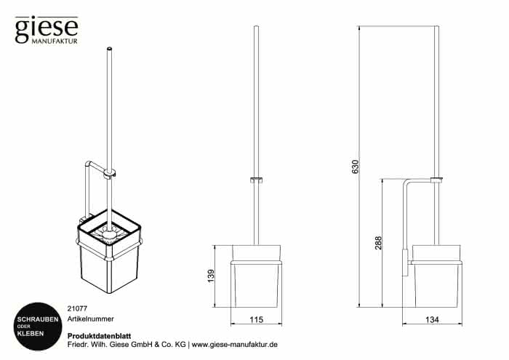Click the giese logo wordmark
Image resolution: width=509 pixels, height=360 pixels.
click(x=47, y=29)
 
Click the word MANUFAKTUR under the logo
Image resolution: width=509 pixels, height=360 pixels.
click(x=55, y=41)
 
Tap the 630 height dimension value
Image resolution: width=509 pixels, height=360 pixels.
click(x=356, y=167)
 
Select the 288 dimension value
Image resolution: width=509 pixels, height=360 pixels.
click(x=379, y=242)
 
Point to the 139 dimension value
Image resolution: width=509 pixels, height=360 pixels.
click(x=211, y=276)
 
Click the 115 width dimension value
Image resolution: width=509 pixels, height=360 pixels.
click(x=256, y=320)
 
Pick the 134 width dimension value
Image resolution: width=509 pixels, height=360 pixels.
click(x=432, y=320)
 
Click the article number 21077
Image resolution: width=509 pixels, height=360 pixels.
click(x=77, y=308)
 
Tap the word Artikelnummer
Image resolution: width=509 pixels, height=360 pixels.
click(x=91, y=319)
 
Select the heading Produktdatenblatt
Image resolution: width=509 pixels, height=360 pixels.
click(x=99, y=336)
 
